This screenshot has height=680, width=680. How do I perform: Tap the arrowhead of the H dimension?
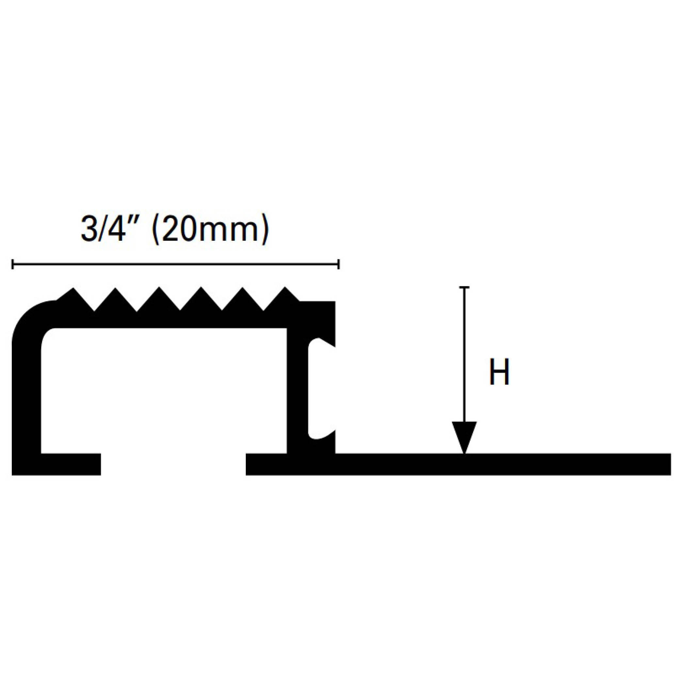tap(464, 436)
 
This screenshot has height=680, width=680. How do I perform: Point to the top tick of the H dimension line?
tap(464, 288)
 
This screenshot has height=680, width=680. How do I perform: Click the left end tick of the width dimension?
tap(13, 264)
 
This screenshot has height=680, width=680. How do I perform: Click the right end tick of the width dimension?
tap(339, 264)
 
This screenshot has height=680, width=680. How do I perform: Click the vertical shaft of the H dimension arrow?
tap(464, 352)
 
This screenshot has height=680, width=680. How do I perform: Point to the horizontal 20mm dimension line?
tap(176, 264)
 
